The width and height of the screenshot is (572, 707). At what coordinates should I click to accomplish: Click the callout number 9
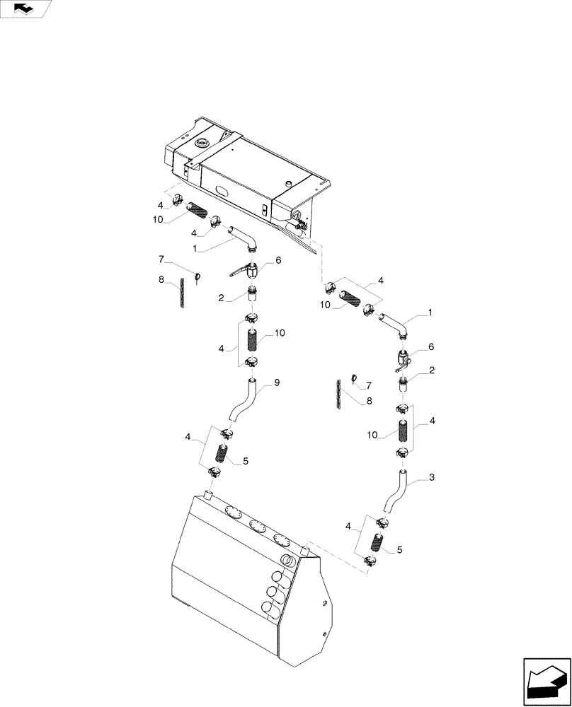pyautogui.click(x=277, y=382)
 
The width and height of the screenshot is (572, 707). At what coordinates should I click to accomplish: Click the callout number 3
pyautogui.click(x=430, y=479)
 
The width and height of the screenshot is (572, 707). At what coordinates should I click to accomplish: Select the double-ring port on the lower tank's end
pyautogui.click(x=289, y=561)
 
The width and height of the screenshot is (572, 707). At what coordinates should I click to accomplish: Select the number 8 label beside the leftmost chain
pyautogui.click(x=161, y=280)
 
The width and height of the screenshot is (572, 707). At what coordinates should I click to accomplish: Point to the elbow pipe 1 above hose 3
pyautogui.click(x=394, y=325)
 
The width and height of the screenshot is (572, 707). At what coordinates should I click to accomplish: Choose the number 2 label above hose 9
pyautogui.click(x=221, y=299)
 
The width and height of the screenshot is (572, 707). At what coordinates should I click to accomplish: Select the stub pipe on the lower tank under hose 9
pyautogui.click(x=209, y=494)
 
